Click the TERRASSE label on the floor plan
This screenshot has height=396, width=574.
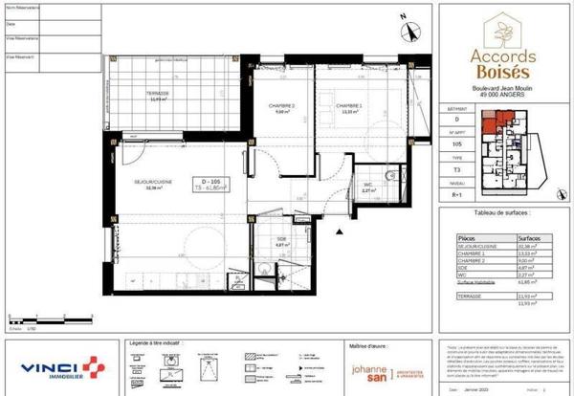point(159,93)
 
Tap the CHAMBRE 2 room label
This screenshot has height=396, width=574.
point(280,106)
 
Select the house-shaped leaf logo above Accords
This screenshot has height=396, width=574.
point(501,30)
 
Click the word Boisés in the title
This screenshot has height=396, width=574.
point(501,74)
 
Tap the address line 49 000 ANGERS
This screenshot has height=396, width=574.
point(501,98)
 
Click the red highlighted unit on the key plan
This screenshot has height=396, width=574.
point(493,124)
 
